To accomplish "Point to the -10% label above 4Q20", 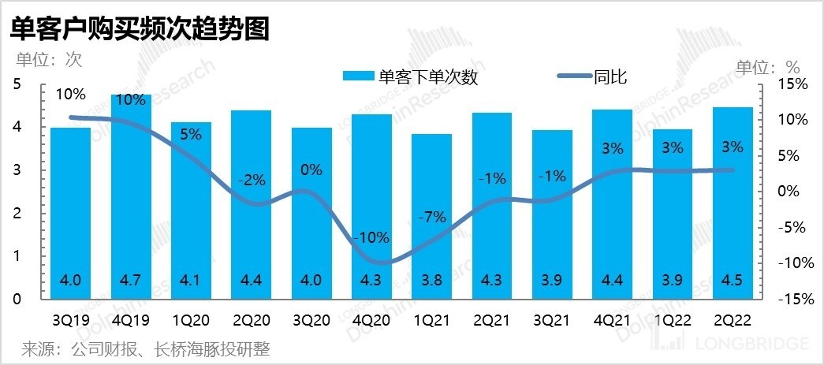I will click(x=371, y=237).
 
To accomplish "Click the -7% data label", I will click(x=431, y=216).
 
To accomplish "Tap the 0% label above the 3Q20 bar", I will click(x=311, y=169).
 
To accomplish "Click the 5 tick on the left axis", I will click(x=18, y=84).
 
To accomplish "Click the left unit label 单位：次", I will click(x=49, y=59).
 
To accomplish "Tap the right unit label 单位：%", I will click(x=767, y=67).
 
